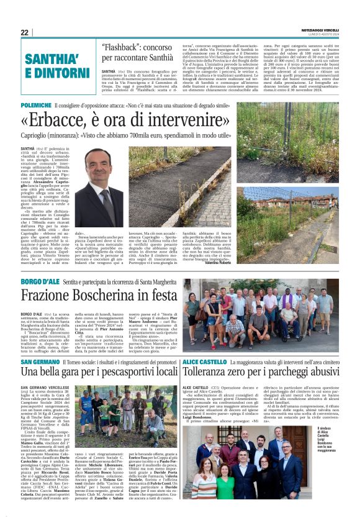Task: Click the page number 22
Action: [25, 32]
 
